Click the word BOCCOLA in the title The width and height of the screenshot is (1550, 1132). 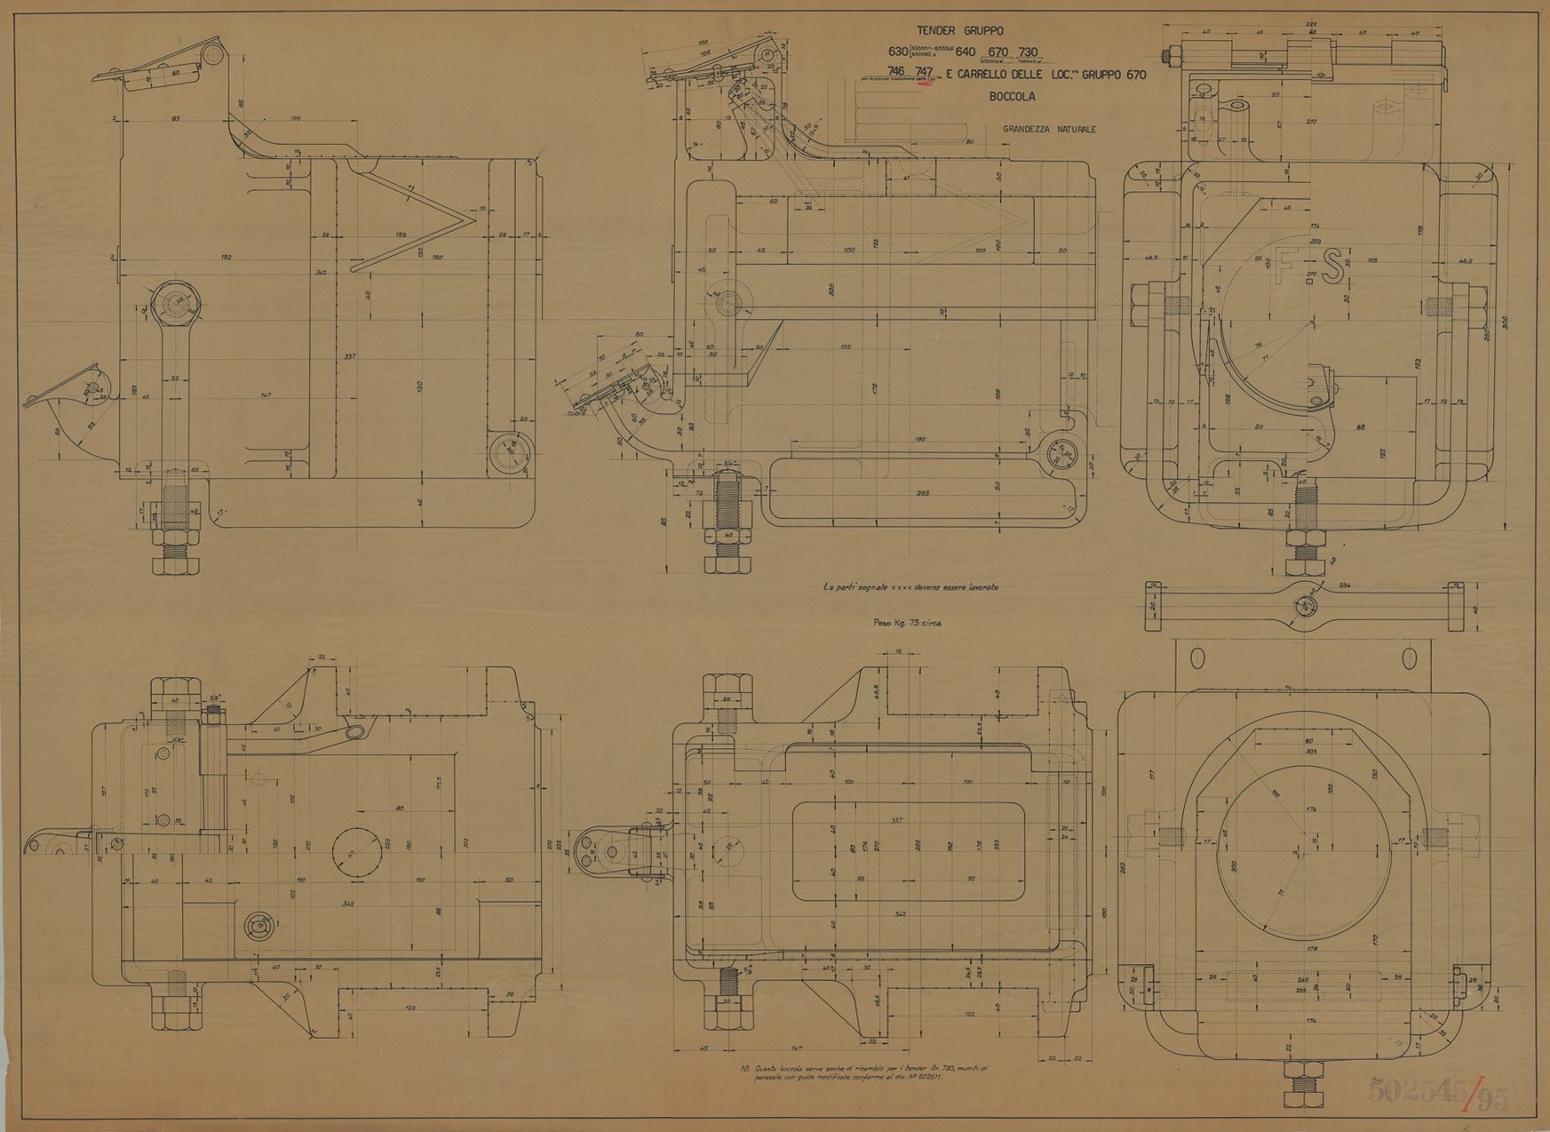[x=1012, y=97]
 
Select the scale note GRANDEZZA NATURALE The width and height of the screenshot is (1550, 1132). [x=1049, y=129]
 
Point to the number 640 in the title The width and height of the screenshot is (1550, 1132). [x=965, y=52]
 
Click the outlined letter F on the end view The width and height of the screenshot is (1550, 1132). [x=1284, y=265]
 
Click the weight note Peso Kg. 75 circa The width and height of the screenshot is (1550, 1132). [x=908, y=623]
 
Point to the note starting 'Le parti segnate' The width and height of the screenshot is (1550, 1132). [x=910, y=587]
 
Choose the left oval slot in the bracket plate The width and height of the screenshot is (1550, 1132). [x=1196, y=658]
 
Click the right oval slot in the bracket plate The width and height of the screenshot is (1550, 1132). [x=1410, y=658]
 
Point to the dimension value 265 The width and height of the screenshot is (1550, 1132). [x=921, y=492]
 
